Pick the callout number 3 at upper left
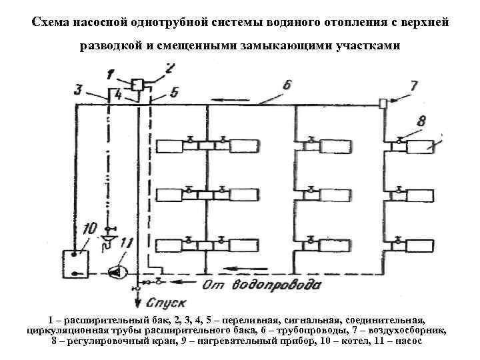(x=79, y=89)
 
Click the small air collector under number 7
(x=383, y=103)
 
